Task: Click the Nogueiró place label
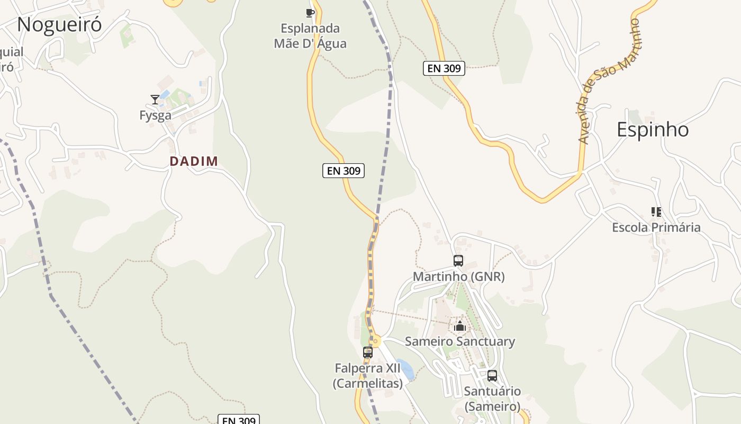[x=59, y=25]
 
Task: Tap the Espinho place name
[x=653, y=130]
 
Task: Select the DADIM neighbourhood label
[x=194, y=162]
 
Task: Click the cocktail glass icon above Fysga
[x=155, y=99]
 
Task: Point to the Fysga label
[x=155, y=116]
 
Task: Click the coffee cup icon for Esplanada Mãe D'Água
[x=310, y=13]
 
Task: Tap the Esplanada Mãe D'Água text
[x=310, y=36]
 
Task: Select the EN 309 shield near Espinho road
[x=444, y=68]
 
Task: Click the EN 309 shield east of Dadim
[x=344, y=171]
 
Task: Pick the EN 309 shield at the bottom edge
[x=239, y=420]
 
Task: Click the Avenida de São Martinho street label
[x=609, y=82]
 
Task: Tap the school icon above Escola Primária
[x=656, y=212]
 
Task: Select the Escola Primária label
[x=656, y=228]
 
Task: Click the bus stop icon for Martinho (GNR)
[x=458, y=261]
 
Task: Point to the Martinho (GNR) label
[x=458, y=277]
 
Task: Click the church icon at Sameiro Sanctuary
[x=459, y=326]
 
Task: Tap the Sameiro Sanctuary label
[x=459, y=342]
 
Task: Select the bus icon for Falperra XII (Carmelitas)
[x=368, y=352]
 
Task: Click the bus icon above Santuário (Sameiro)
[x=492, y=376]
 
